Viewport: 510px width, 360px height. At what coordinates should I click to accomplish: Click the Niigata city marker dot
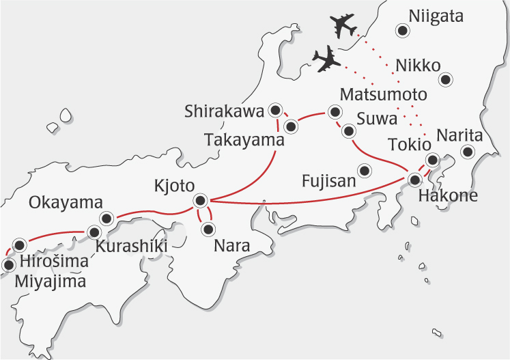[403, 30]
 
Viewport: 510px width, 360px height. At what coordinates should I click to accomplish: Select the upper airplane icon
[343, 26]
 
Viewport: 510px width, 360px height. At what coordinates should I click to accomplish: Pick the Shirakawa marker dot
[276, 109]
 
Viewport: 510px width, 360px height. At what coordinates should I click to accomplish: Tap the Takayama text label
[244, 141]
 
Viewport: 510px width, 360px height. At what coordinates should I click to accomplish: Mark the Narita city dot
[468, 152]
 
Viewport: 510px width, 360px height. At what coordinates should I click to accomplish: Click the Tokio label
[409, 145]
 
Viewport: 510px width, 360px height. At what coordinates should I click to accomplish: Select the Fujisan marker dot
[365, 170]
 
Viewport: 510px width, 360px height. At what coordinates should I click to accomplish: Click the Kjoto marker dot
[199, 200]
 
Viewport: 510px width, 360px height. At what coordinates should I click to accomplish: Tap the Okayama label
[66, 203]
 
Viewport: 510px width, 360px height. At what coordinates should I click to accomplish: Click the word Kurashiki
[131, 245]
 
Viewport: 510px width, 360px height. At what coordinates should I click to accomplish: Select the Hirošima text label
[55, 262]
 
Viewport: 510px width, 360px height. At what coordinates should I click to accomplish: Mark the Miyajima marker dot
[8, 265]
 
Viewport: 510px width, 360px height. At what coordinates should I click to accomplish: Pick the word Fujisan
[330, 181]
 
